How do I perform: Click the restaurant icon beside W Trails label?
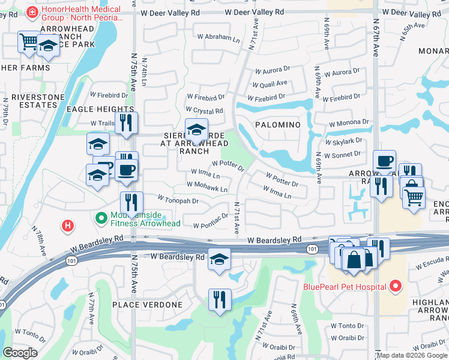[126, 122]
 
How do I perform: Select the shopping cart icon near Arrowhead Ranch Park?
[28, 42]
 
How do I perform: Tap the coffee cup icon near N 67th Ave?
[384, 161]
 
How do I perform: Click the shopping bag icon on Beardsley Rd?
[354, 260]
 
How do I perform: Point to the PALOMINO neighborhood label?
[277, 124]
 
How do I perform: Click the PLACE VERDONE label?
[147, 305]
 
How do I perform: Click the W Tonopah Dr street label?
[178, 199]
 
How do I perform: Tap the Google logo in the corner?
[20, 353]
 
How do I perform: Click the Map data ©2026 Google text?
[411, 355]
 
